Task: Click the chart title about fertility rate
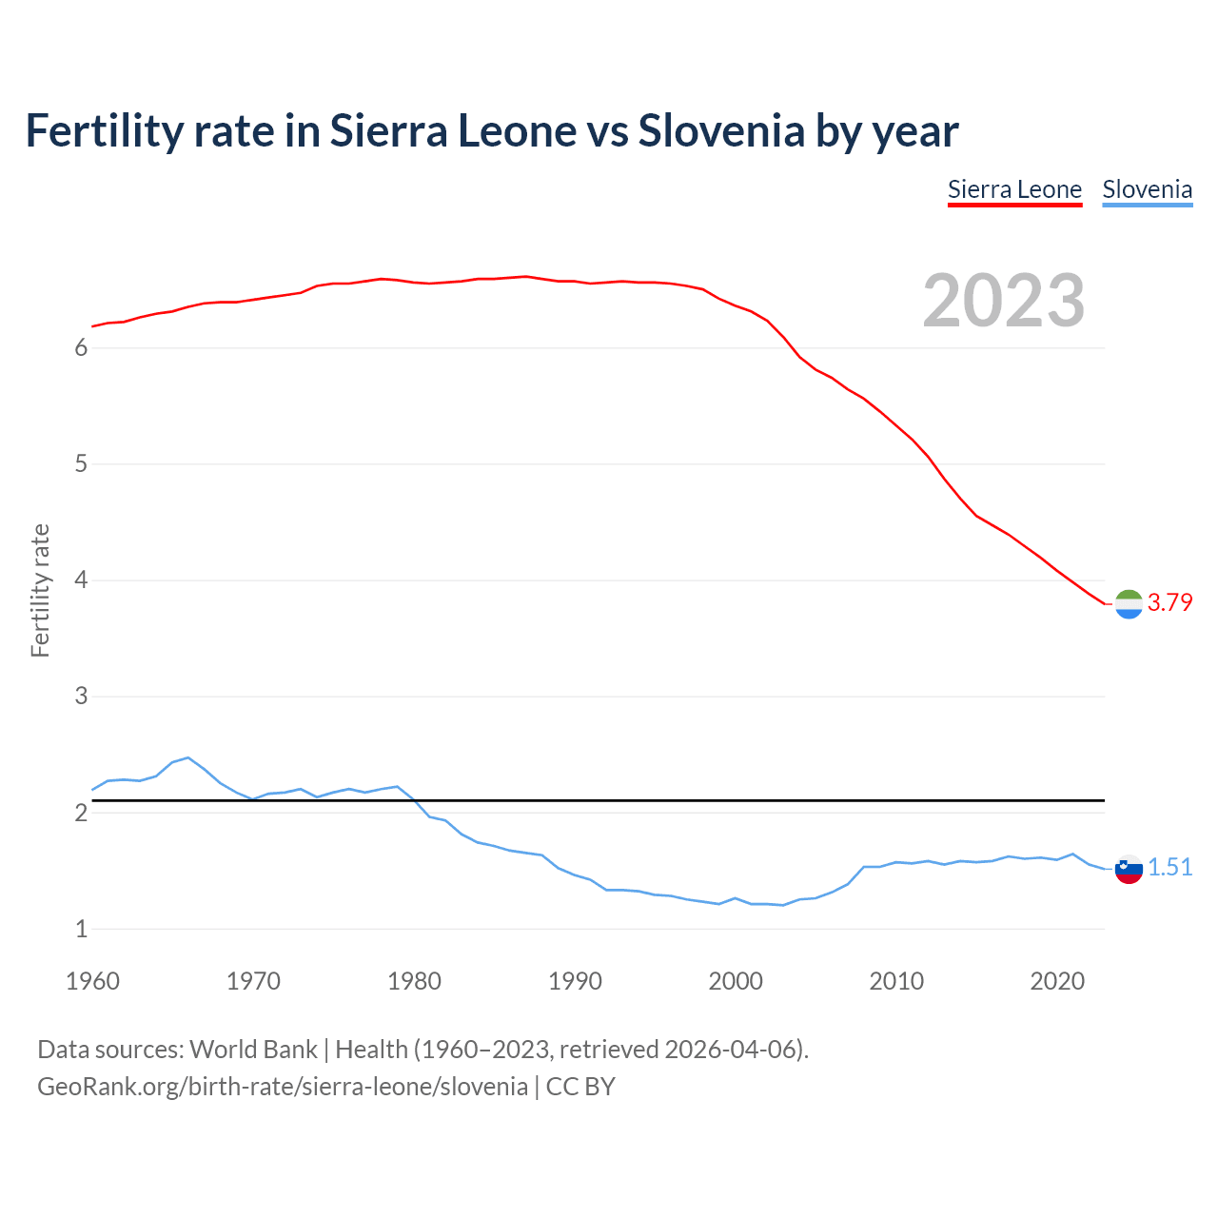491,131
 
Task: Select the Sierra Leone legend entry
1014,190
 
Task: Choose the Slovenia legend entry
1147,190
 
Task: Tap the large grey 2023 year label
1003,301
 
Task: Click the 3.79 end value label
1169,602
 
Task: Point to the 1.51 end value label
1169,867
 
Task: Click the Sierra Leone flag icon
1129,603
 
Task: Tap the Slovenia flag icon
1129,868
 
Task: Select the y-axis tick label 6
81,348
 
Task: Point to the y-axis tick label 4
81,580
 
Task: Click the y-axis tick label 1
81,929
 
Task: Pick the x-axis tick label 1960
92,981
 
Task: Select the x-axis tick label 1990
575,981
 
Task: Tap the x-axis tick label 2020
1057,981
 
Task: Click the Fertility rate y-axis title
40,590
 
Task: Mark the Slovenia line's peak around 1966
188,757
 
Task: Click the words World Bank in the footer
253,1050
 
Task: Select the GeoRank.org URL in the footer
282,1087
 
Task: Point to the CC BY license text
580,1087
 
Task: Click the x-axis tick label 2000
736,981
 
